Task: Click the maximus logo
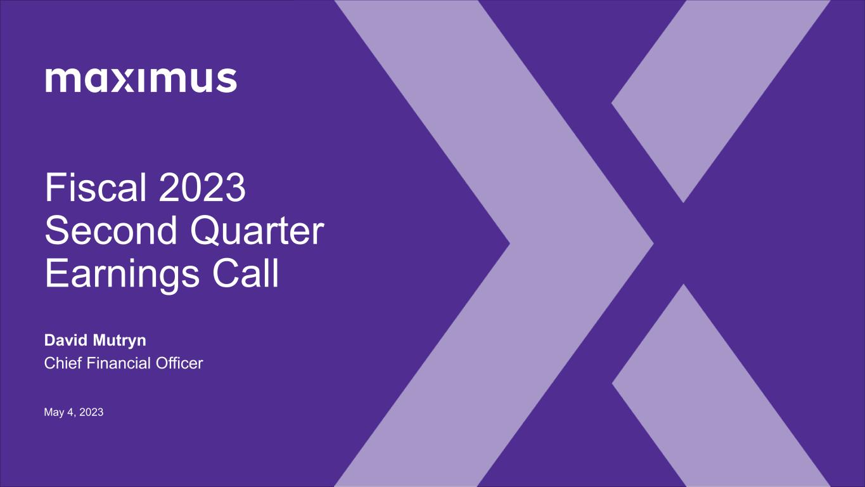pos(141,80)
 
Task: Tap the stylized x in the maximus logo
pos(123,81)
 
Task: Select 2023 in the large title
pos(202,188)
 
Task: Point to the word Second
pos(111,231)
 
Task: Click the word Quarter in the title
pos(257,231)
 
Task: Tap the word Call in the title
pos(245,273)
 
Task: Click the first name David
pos(67,340)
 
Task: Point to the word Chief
pos(63,363)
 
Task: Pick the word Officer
pos(179,363)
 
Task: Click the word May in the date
pos(54,413)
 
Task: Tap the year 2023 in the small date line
pos(91,412)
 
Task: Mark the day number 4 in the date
pos(70,412)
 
